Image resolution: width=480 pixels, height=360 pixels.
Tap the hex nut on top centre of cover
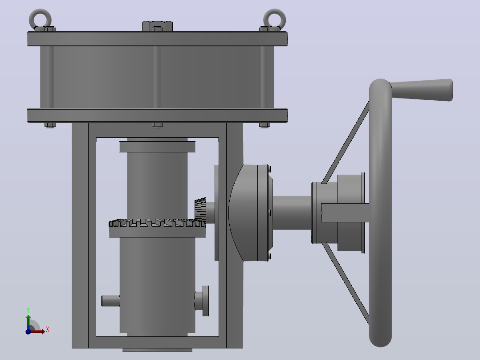[x=157, y=26]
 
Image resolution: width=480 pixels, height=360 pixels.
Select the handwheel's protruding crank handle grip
[x=421, y=90]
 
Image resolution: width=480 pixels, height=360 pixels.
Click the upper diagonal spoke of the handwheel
[x=346, y=143]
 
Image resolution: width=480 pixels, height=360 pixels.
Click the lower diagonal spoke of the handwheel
[x=346, y=283]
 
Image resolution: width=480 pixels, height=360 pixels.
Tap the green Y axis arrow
[x=28, y=322]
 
